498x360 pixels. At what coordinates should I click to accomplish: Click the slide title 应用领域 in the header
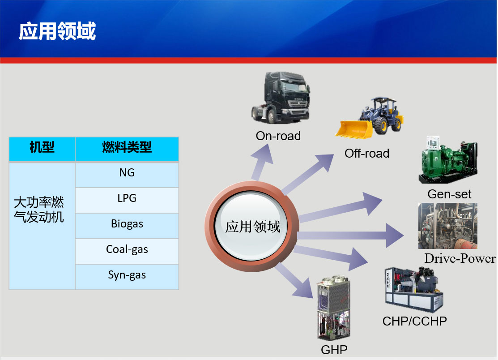click(57, 32)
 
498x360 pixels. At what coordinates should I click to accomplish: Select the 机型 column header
click(42, 147)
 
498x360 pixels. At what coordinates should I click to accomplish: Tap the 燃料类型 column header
click(127, 147)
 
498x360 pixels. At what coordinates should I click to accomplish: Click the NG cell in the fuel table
click(127, 173)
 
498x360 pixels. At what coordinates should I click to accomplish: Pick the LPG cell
click(127, 198)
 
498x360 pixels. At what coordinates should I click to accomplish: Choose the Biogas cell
click(127, 224)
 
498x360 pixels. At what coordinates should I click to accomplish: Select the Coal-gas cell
click(127, 249)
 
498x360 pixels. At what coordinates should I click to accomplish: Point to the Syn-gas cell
click(127, 275)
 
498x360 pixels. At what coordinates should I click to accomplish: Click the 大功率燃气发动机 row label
click(39, 210)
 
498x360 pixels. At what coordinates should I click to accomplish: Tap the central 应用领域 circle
click(252, 227)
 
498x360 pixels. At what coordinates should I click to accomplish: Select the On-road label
click(278, 136)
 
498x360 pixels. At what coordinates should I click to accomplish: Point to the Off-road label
click(366, 154)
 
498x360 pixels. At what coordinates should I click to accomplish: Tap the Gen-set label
click(449, 194)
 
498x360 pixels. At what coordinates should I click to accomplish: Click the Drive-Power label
click(460, 259)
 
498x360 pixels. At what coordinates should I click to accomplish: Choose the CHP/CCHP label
click(414, 321)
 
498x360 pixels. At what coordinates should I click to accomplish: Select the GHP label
click(334, 350)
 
